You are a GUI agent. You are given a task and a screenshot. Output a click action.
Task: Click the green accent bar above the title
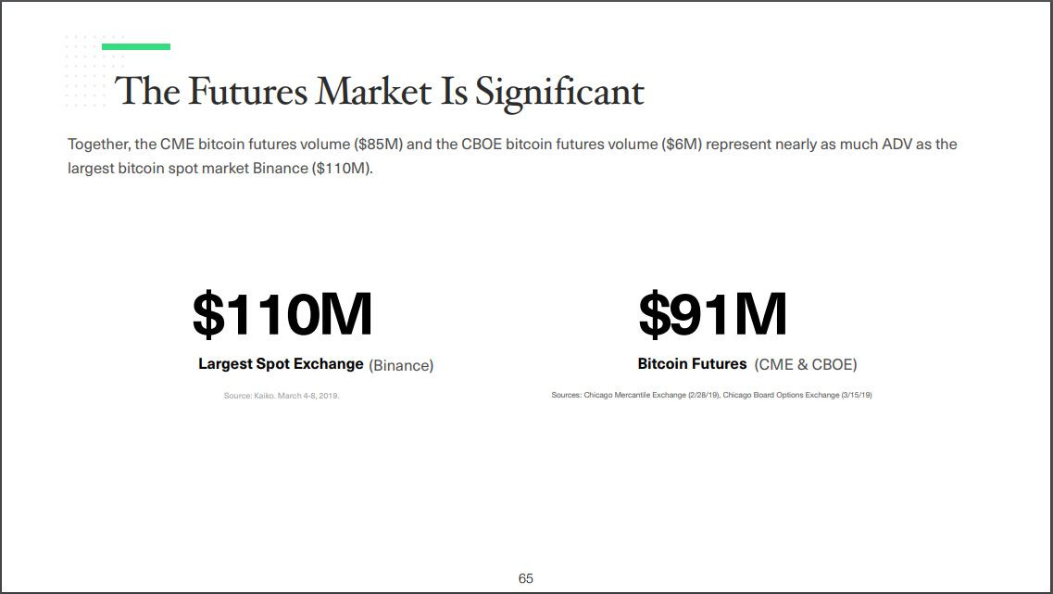click(135, 47)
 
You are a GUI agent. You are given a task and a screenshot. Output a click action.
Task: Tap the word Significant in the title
click(559, 92)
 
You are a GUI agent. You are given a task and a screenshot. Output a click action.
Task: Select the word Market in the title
click(374, 91)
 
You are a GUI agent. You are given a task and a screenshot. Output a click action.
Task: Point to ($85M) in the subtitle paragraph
click(378, 145)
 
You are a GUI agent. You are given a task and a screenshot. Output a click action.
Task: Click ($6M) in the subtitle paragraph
click(682, 145)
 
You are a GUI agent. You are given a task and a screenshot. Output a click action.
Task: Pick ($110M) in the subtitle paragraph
click(342, 169)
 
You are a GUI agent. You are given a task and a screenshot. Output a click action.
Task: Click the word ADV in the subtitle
click(896, 145)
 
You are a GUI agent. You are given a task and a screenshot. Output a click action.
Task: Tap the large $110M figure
click(282, 314)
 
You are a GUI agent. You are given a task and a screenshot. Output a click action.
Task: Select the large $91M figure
click(712, 314)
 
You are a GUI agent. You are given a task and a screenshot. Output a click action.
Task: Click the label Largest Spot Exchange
click(281, 364)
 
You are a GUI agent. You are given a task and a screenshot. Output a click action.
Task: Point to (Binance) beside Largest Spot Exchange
click(401, 365)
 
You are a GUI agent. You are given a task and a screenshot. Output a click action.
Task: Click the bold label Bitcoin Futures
click(693, 363)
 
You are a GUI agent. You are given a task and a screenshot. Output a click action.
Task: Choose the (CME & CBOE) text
click(806, 365)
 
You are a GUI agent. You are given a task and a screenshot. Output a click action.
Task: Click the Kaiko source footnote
click(282, 396)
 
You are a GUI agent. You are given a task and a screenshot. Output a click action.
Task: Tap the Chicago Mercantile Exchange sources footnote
click(711, 395)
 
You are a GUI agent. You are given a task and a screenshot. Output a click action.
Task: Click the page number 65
click(526, 578)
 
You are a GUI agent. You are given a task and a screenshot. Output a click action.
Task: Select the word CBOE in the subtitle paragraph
click(481, 145)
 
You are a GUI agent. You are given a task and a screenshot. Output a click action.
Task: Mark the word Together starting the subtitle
click(99, 145)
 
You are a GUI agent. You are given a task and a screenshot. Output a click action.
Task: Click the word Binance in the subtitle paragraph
click(280, 169)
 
